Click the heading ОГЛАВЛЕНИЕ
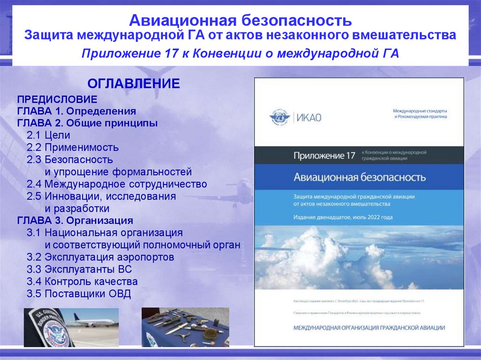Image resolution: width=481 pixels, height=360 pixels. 134,84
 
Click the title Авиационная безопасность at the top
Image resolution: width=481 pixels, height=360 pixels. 240,21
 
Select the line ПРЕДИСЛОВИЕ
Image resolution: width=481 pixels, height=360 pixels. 57,100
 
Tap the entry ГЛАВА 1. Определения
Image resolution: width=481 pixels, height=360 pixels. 77,112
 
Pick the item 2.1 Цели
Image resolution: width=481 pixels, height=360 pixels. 48,136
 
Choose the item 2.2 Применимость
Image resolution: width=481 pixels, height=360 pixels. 72,148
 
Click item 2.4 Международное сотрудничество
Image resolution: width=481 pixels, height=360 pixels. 116,184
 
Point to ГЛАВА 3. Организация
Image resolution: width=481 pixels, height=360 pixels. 75,221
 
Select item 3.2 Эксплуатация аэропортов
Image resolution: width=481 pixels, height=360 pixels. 101,257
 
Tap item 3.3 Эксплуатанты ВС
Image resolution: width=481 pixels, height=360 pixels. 79,269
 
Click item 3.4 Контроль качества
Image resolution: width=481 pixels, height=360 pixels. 82,282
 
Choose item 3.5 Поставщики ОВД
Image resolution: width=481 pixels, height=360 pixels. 79,294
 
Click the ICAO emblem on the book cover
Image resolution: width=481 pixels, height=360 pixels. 280,117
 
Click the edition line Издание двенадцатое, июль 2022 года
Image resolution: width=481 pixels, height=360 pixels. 343,217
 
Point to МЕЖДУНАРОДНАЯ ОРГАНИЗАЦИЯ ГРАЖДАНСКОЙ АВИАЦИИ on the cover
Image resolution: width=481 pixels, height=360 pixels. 369,328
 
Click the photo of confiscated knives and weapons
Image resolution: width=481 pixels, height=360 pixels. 185,327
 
